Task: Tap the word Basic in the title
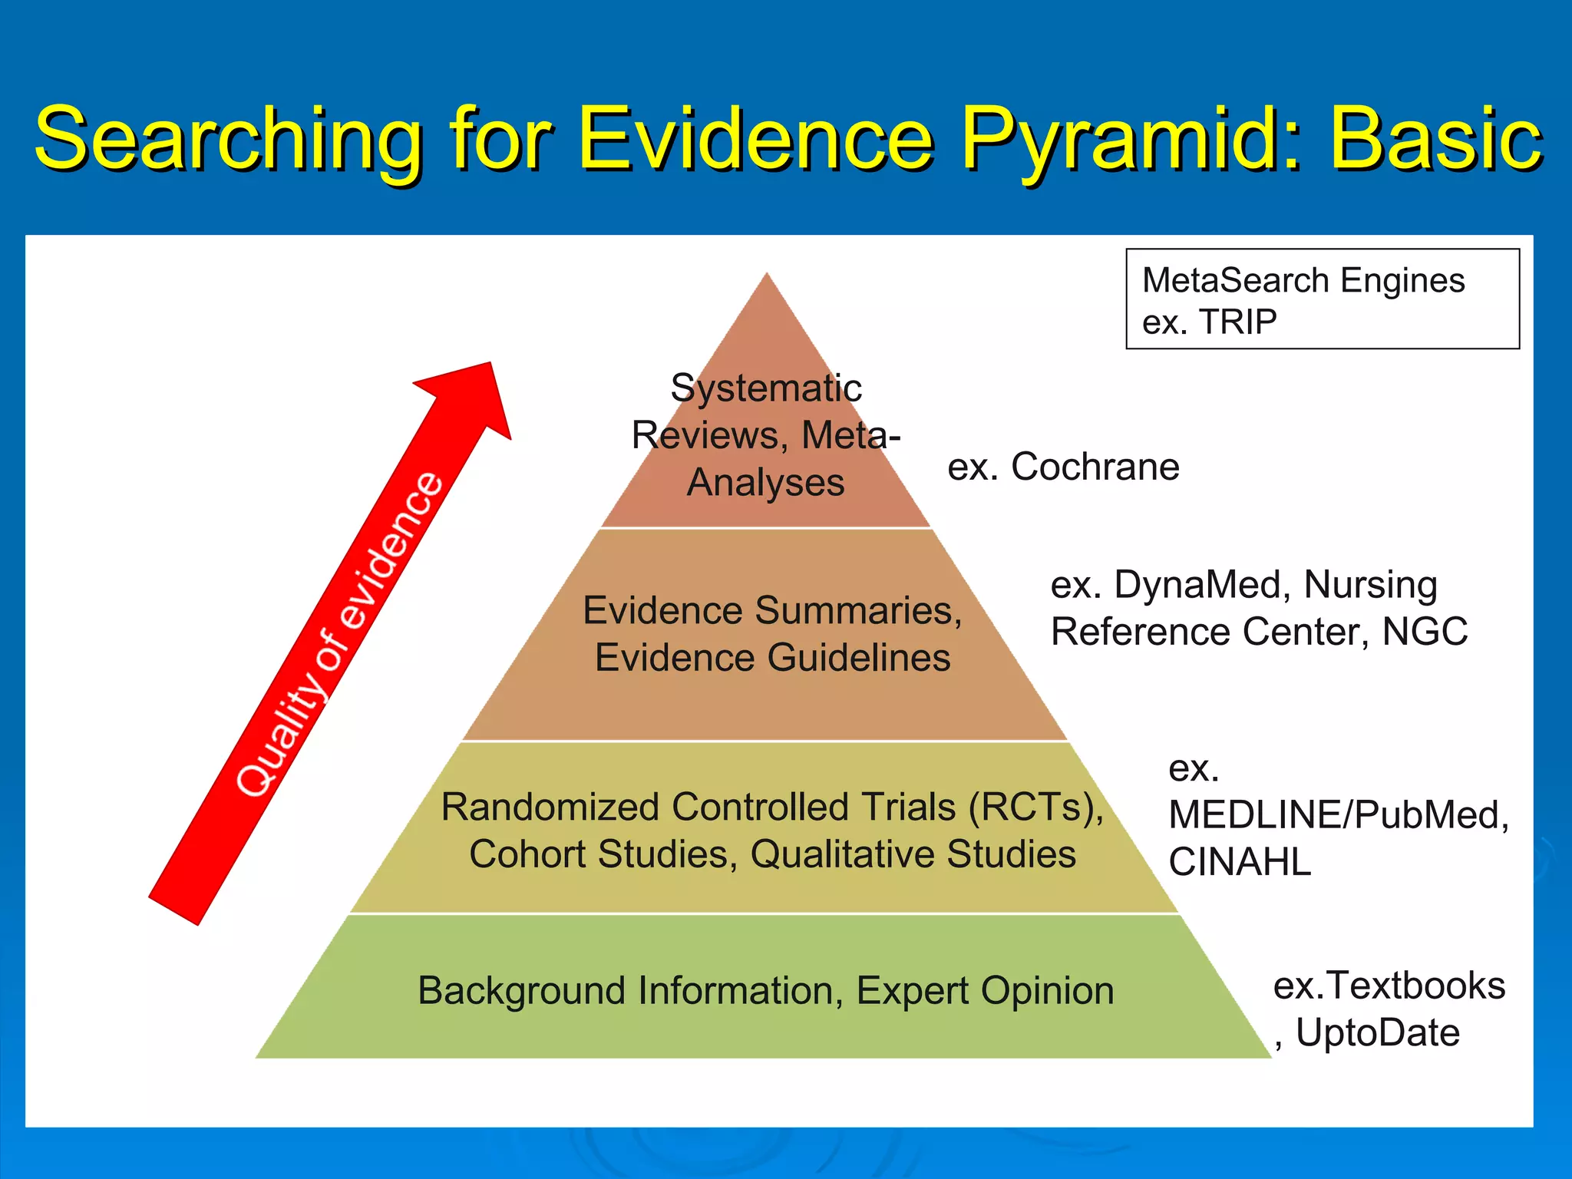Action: pyautogui.click(x=1435, y=140)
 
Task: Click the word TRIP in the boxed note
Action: pyautogui.click(x=1238, y=322)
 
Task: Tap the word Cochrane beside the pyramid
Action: pyautogui.click(x=1095, y=467)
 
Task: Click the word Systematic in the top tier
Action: pyautogui.click(x=766, y=388)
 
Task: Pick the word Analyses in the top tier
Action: pyautogui.click(x=766, y=483)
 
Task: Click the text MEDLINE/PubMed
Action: pyautogui.click(x=1338, y=814)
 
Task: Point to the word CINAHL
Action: pyautogui.click(x=1239, y=862)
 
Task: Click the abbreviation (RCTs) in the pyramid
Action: pyautogui.click(x=1035, y=807)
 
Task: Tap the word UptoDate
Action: pyautogui.click(x=1377, y=1032)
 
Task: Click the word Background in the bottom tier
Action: pyautogui.click(x=521, y=991)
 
